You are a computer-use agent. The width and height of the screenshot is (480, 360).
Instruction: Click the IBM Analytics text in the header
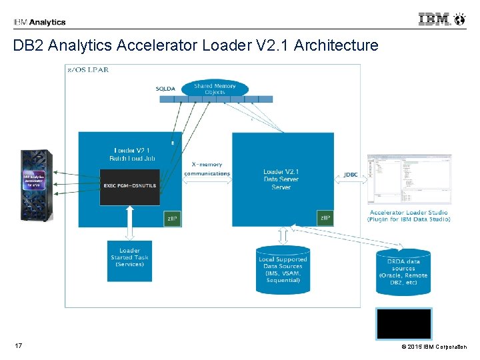coord(39,22)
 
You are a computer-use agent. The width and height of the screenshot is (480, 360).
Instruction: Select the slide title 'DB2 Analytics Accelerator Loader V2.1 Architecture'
coord(195,45)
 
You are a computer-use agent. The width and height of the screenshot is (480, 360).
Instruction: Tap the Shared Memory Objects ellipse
coord(215,89)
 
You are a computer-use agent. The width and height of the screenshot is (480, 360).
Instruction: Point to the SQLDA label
coord(166,89)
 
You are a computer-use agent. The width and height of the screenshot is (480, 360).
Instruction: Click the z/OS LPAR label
coord(88,69)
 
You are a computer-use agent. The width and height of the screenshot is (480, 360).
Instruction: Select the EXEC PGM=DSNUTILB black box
coord(129,185)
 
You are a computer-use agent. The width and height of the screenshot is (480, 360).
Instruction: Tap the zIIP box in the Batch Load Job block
coord(172,218)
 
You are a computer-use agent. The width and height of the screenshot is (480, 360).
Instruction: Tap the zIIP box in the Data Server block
coord(325,218)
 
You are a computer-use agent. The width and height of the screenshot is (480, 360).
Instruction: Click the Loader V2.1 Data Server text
coord(281,179)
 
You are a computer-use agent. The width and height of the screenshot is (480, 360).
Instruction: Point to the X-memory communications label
coord(207,169)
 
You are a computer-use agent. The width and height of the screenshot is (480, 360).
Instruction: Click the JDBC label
coord(351,175)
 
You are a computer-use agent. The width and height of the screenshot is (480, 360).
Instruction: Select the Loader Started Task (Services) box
coord(130,258)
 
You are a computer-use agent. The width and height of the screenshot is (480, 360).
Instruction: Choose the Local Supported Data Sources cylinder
coord(282,269)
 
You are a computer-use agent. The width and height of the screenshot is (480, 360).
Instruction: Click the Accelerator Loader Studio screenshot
coord(409,179)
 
